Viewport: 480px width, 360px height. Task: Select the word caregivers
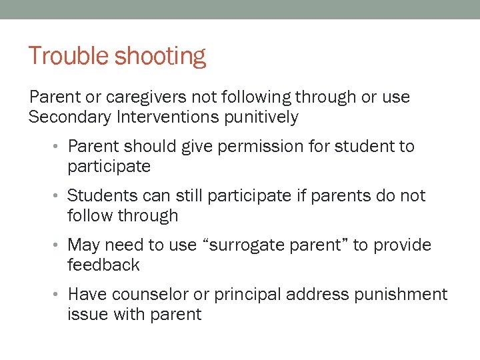click(146, 97)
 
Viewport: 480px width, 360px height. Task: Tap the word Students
click(99, 196)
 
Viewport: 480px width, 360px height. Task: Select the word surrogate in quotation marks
click(245, 246)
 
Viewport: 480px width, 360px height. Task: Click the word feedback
click(103, 265)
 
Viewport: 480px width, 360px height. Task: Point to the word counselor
click(150, 295)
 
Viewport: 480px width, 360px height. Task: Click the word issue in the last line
click(85, 315)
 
